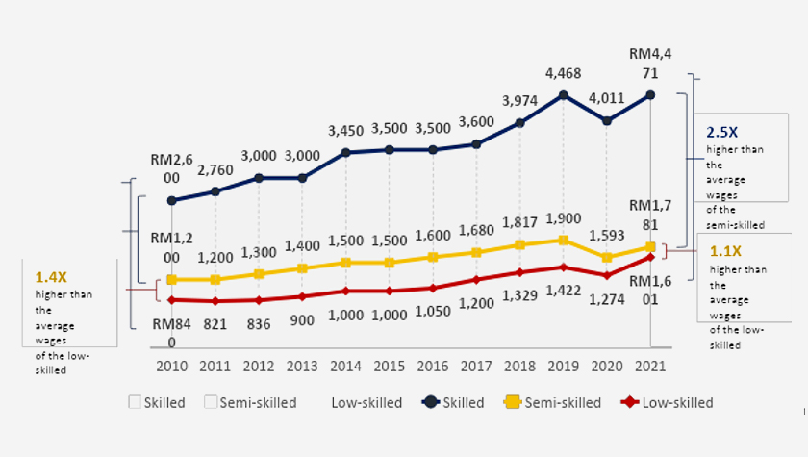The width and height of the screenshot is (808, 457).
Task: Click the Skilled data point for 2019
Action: click(564, 95)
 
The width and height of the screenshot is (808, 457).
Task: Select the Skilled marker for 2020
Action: click(607, 121)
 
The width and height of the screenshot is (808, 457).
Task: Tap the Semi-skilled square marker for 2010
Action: click(172, 279)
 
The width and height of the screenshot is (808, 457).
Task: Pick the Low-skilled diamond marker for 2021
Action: click(651, 257)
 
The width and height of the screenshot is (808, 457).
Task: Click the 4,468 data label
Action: click(563, 73)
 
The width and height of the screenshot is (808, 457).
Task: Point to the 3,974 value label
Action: click(519, 101)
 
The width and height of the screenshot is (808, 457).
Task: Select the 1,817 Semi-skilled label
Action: click(519, 223)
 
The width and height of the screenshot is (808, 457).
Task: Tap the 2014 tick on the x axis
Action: click(346, 367)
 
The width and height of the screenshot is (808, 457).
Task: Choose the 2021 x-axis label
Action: click(650, 367)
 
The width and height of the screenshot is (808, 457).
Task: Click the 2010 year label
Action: click(172, 367)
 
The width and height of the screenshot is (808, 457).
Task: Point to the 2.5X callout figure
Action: click(722, 133)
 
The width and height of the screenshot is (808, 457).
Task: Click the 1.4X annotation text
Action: click(51, 277)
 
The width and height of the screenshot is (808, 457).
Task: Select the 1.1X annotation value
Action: click(726, 253)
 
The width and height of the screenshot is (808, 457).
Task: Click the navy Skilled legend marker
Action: click(431, 402)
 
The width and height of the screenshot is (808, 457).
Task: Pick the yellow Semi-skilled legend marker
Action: click(514, 402)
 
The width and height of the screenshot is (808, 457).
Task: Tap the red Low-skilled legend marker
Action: click(631, 402)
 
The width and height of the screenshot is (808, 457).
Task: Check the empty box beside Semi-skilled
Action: click(210, 402)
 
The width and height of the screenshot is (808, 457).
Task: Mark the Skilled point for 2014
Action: click(346, 152)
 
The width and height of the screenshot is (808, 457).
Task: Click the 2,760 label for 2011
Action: click(215, 170)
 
